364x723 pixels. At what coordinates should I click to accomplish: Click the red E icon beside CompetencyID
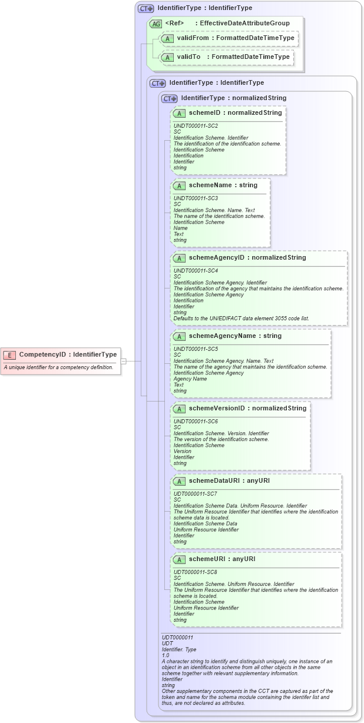pyautogui.click(x=10, y=354)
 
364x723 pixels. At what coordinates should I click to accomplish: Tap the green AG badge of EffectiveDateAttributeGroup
pyautogui.click(x=155, y=24)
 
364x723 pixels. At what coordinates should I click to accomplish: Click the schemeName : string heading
pyautogui.click(x=223, y=185)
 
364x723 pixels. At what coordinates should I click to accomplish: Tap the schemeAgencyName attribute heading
pyautogui.click(x=235, y=336)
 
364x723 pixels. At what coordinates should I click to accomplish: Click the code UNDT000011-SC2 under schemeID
pyautogui.click(x=196, y=125)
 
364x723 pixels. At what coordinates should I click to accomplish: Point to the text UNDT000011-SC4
pyautogui.click(x=196, y=271)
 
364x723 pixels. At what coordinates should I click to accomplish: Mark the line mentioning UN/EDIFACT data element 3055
pyautogui.click(x=241, y=318)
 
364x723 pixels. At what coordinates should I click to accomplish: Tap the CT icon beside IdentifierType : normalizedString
pyautogui.click(x=170, y=98)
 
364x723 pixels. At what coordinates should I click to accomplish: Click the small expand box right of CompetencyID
pyautogui.click(x=124, y=361)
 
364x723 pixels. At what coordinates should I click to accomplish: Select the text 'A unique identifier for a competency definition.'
pyautogui.click(x=58, y=367)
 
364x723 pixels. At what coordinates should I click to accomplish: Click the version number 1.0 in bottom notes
pyautogui.click(x=166, y=655)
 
